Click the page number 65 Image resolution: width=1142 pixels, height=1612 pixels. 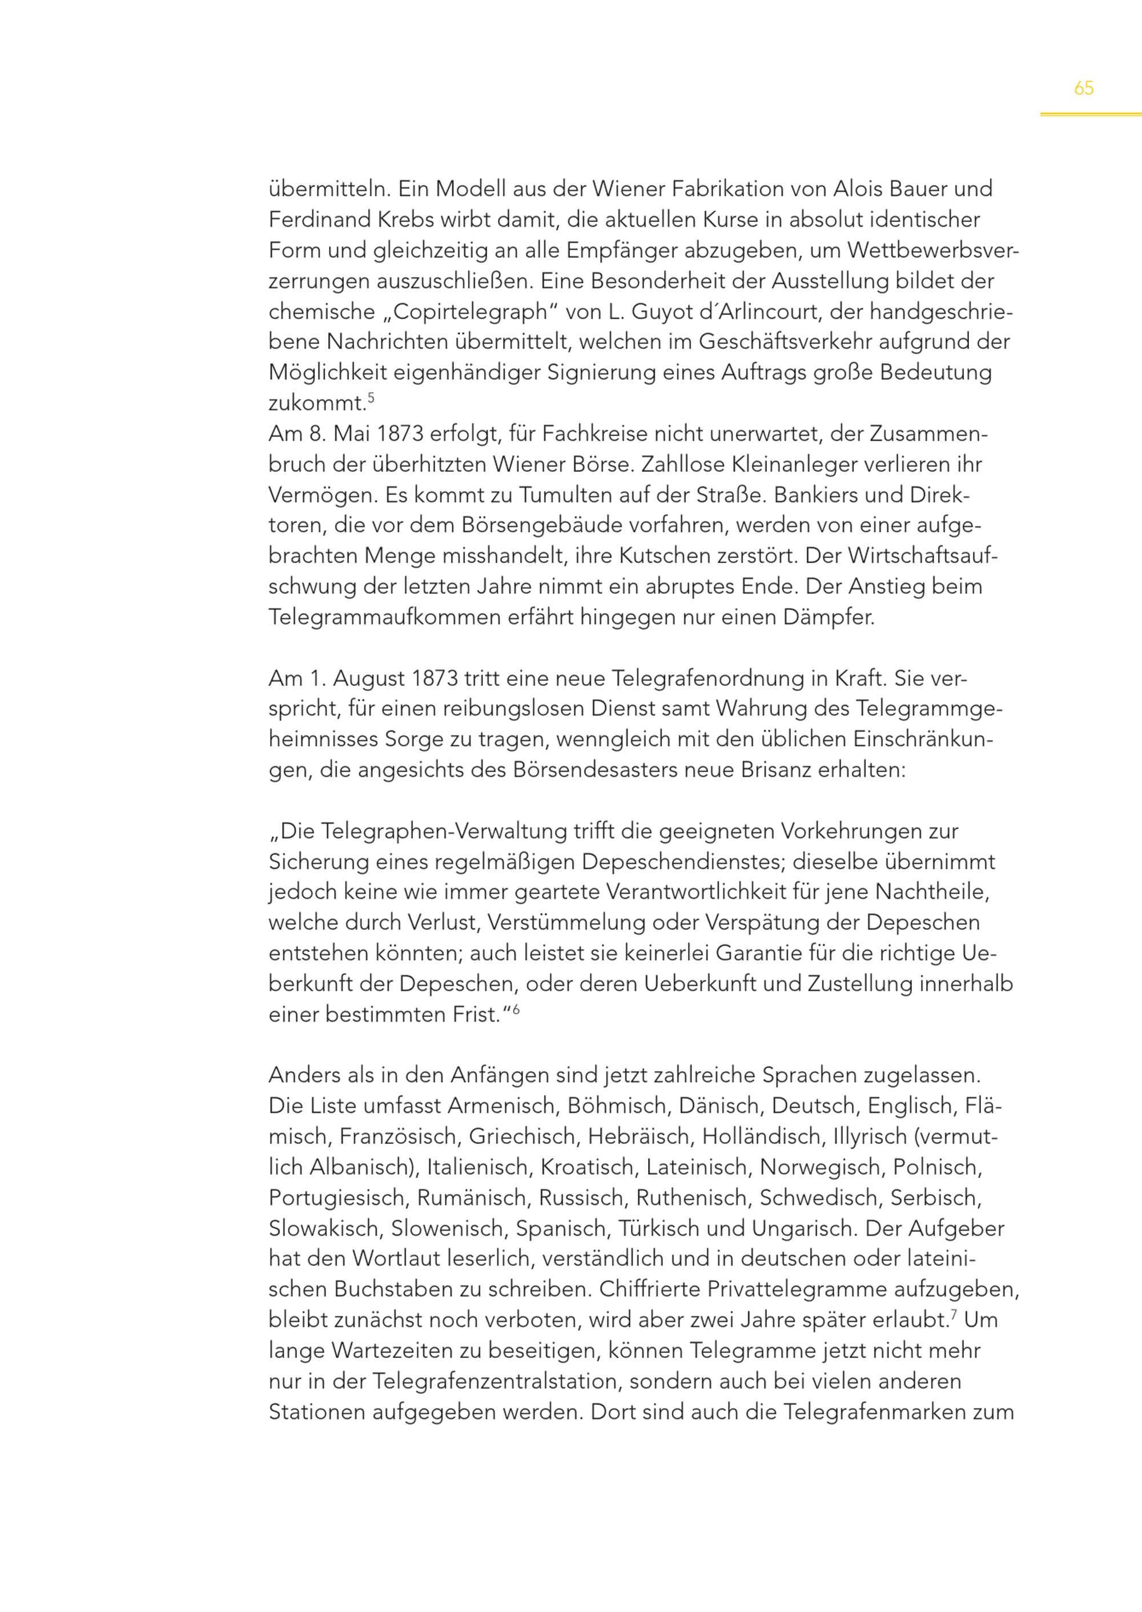[1084, 89]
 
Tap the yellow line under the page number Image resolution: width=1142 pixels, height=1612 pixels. [1091, 114]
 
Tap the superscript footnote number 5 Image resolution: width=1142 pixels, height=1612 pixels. [371, 398]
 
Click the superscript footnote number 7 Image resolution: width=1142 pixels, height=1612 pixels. [954, 1314]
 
